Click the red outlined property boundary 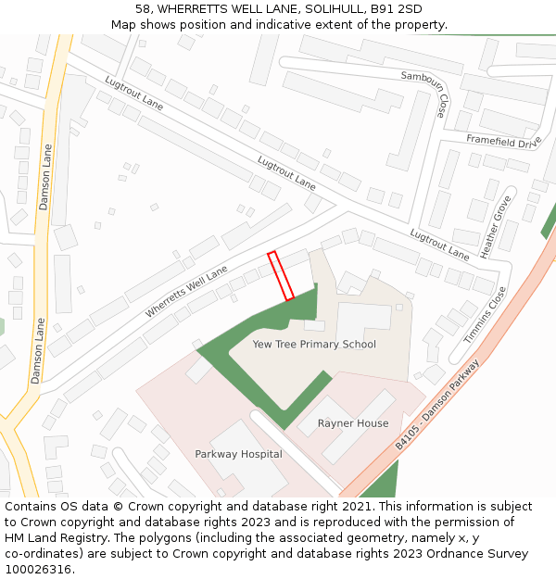click(281, 276)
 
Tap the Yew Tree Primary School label click(314, 345)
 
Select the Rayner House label click(353, 423)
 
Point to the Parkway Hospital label click(238, 454)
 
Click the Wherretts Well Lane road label click(186, 291)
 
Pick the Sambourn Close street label click(424, 93)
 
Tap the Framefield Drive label click(503, 141)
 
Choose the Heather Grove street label click(496, 227)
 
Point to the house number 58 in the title click(143, 9)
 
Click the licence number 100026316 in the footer click(39, 570)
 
